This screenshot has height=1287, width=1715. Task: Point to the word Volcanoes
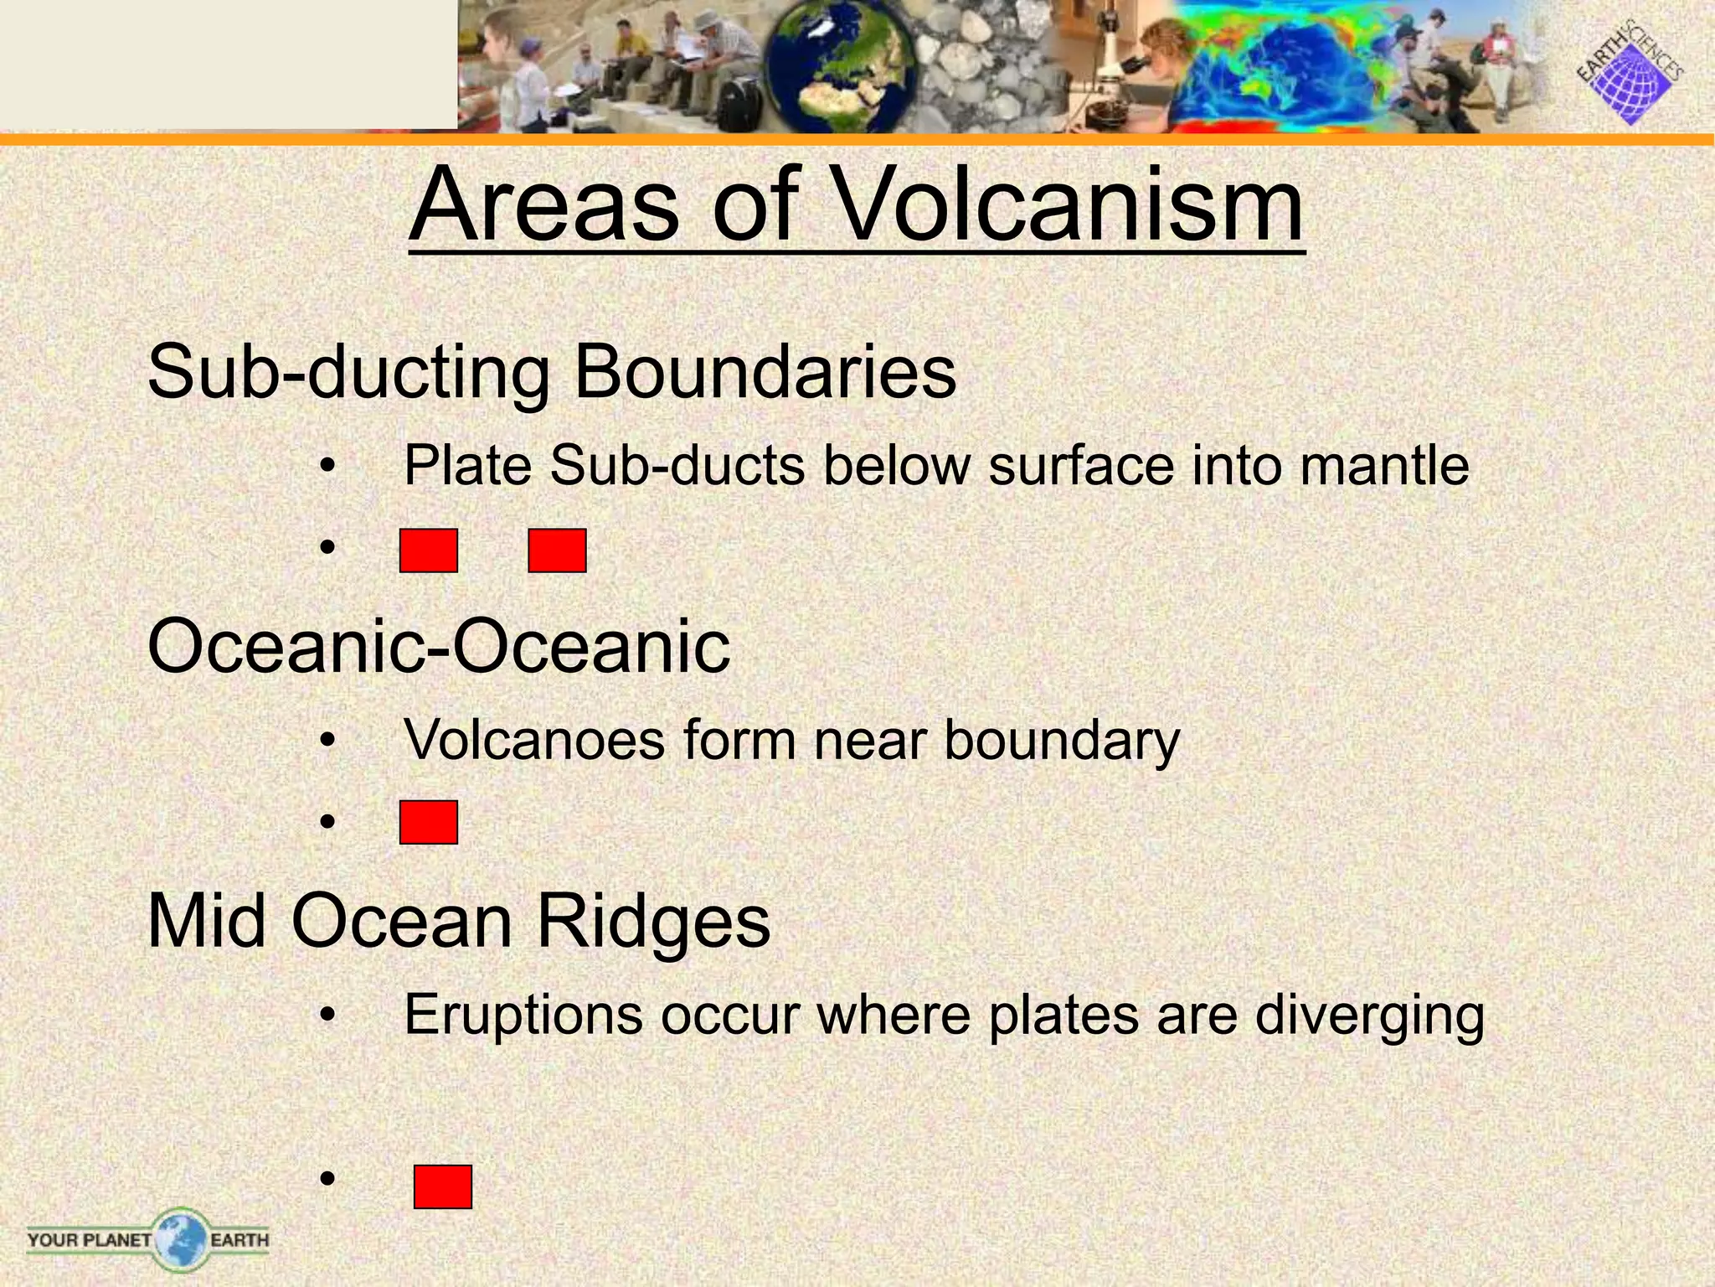pos(533,741)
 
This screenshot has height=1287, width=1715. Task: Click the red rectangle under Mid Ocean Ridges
pos(443,1186)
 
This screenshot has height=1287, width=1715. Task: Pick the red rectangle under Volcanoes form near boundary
pos(429,822)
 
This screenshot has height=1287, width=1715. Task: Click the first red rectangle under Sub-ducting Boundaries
pos(429,550)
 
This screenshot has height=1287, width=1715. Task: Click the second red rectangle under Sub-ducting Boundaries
pos(557,550)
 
